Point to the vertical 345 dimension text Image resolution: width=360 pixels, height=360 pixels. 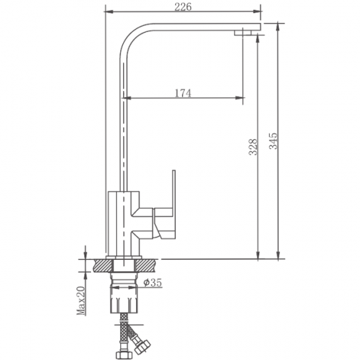[273, 143]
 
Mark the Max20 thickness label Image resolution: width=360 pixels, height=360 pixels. [81, 300]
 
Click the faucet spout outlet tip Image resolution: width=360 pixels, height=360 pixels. [244, 32]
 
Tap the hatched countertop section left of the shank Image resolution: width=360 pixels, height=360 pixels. [101, 265]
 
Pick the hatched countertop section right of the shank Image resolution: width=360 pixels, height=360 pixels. [147, 265]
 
